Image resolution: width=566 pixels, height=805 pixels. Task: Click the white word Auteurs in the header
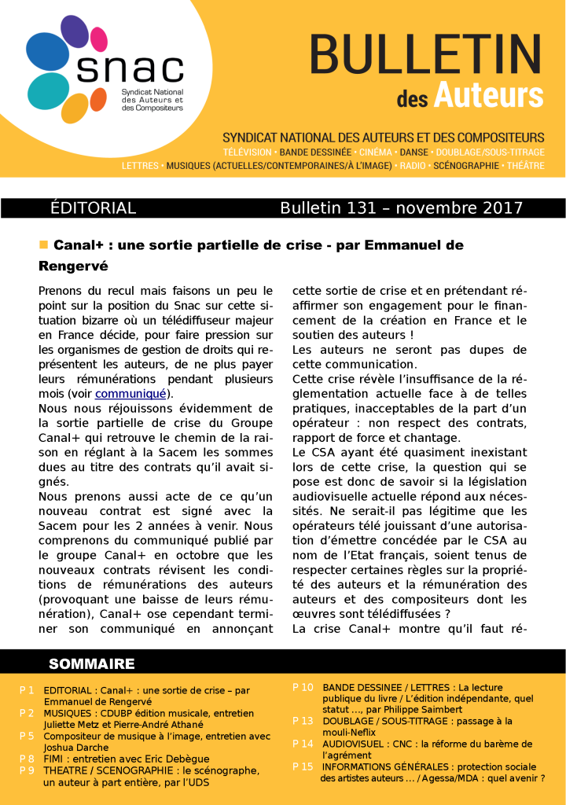(x=488, y=95)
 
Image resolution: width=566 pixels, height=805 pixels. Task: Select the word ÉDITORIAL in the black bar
(x=93, y=208)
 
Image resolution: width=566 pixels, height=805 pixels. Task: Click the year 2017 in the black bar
(x=495, y=208)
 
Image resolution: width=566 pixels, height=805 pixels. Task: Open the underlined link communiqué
(x=130, y=393)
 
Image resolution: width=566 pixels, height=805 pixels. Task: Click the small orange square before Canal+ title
(x=44, y=245)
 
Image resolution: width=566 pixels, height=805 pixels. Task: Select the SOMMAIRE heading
(x=92, y=664)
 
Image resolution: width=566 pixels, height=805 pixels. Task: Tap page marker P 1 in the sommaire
(x=27, y=690)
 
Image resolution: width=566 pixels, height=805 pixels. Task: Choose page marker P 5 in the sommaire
(x=27, y=736)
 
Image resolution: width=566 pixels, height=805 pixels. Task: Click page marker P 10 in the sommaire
(x=303, y=687)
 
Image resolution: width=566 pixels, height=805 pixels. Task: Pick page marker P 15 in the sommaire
(x=303, y=766)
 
